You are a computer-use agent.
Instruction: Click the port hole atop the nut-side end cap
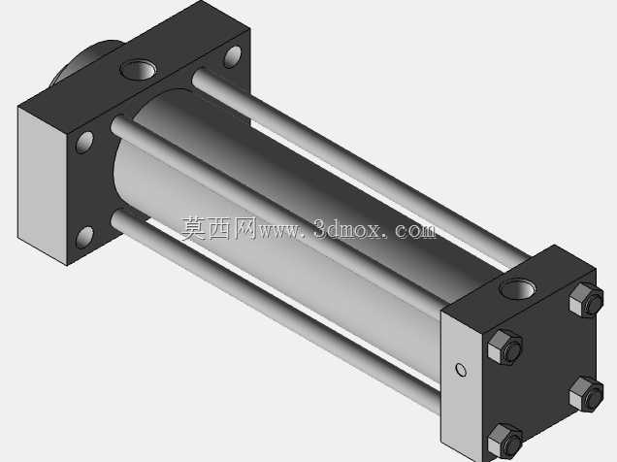click(x=517, y=289)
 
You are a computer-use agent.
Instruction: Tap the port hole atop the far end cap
click(x=138, y=70)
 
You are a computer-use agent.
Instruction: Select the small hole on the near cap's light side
click(x=461, y=370)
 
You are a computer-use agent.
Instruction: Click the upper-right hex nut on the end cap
click(x=586, y=300)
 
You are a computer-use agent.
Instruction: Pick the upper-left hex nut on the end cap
click(x=504, y=347)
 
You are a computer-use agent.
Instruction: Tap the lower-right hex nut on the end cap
click(x=586, y=394)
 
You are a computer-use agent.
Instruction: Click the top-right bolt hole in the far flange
click(x=233, y=56)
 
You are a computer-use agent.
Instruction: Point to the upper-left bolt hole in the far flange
click(x=84, y=142)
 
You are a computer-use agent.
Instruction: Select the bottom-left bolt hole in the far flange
click(x=84, y=237)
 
